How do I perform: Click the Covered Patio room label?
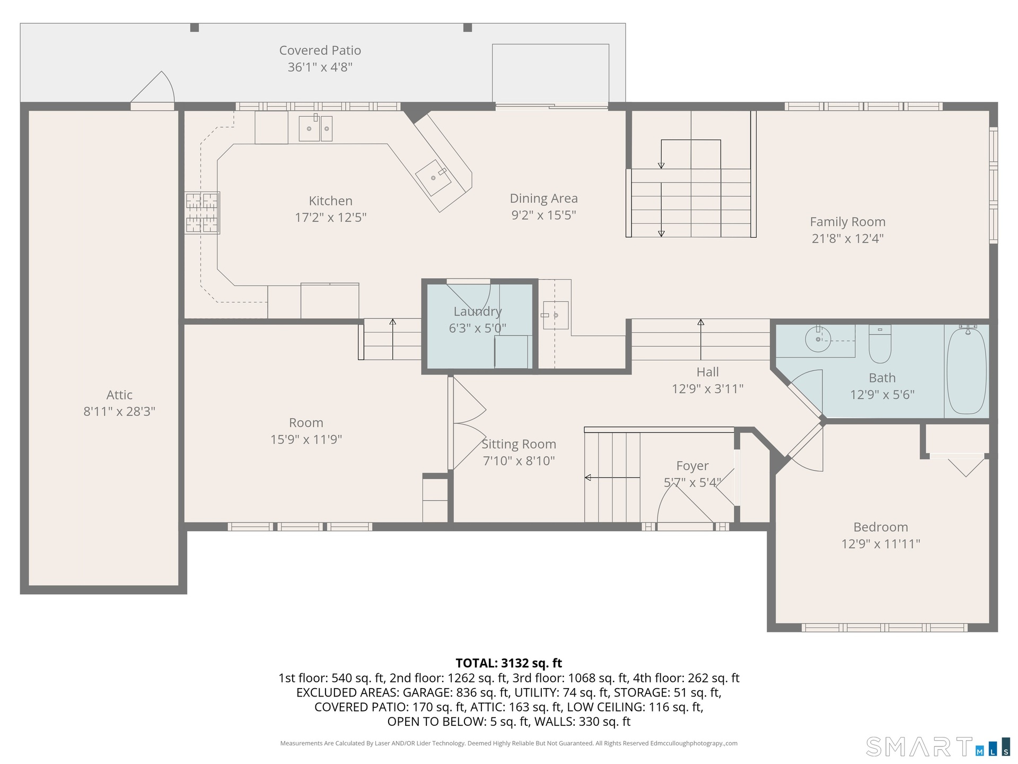[x=320, y=50]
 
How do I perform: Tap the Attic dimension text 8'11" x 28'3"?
[x=119, y=411]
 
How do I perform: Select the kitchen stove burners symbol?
[x=202, y=213]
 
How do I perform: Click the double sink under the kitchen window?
[x=315, y=128]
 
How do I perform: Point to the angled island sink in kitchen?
[x=433, y=177]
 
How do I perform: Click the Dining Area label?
[x=544, y=198]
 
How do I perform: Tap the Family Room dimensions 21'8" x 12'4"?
[x=848, y=238]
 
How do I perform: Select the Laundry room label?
[x=478, y=311]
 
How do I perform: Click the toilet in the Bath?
[x=880, y=343]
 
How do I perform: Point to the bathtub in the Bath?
[x=967, y=370]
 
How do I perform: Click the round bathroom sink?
[x=818, y=338]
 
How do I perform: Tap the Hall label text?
[x=708, y=372]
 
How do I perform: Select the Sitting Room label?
[x=519, y=445]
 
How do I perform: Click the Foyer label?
[x=692, y=466]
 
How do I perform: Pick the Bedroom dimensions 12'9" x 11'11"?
[x=881, y=544]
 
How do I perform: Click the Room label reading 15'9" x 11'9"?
[x=306, y=439]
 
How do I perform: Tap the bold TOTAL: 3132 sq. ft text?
[x=509, y=663]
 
